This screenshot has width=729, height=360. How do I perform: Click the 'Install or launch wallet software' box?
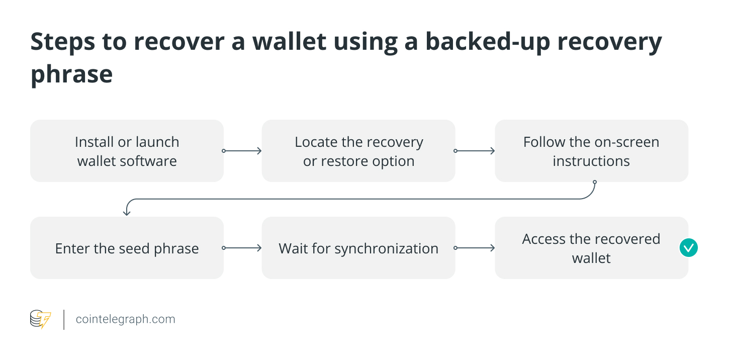(127, 151)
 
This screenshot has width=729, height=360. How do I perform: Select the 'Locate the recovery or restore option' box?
(358, 151)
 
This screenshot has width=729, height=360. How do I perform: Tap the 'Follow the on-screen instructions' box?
(591, 151)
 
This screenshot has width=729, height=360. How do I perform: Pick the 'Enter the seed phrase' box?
(127, 248)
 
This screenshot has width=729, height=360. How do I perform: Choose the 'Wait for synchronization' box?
(358, 248)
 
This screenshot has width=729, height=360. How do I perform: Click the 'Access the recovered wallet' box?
(591, 248)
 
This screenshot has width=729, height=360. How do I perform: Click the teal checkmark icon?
(688, 247)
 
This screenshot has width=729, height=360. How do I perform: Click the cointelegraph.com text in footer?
(125, 319)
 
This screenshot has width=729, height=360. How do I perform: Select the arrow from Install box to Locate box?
(242, 151)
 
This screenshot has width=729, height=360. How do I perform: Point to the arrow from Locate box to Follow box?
(475, 151)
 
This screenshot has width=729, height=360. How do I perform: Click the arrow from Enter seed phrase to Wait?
(242, 248)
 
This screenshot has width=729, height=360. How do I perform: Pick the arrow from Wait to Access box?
(475, 248)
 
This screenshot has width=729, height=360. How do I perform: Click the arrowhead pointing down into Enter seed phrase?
(127, 212)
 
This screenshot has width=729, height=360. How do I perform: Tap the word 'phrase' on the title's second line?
(71, 74)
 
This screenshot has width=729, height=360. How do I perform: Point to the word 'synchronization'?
(386, 248)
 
